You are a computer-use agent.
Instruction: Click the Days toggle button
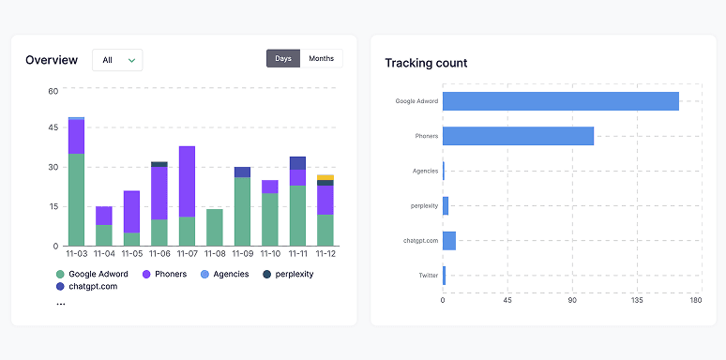283,59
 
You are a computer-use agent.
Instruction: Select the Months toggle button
321,59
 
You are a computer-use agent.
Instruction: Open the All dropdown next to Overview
117,60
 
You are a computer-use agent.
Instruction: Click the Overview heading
52,60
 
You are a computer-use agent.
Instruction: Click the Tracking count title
426,63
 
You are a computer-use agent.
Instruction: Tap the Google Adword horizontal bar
560,101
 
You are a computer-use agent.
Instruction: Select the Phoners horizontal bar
518,136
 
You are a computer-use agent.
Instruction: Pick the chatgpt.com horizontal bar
449,241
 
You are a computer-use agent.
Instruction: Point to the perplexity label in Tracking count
423,206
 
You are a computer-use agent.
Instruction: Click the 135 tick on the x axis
637,301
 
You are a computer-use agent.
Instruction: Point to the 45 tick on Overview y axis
53,127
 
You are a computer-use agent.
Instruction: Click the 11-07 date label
187,253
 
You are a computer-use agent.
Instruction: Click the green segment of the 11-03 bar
76,199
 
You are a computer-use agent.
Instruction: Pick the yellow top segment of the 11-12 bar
325,177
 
